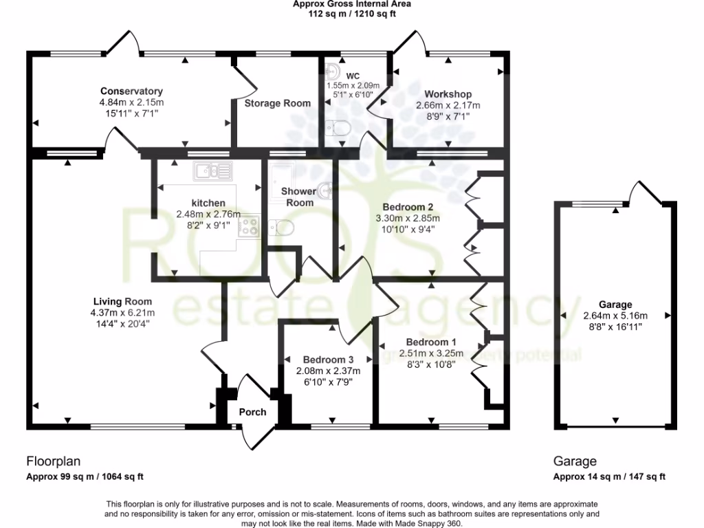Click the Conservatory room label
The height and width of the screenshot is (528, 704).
click(131, 91)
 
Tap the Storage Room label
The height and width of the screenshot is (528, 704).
click(278, 103)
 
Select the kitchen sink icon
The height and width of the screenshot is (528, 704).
click(214, 170)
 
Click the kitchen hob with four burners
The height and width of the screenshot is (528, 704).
click(248, 225)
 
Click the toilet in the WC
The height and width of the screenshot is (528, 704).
click(339, 128)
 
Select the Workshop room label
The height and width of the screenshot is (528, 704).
click(448, 94)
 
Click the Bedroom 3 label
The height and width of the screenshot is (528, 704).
click(328, 360)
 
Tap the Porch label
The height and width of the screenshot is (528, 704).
click(252, 412)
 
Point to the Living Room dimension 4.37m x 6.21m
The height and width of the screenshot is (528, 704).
click(123, 313)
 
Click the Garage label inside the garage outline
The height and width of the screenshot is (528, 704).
click(615, 305)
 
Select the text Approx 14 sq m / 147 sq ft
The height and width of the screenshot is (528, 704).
click(609, 476)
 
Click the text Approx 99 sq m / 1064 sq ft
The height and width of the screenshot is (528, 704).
click(85, 476)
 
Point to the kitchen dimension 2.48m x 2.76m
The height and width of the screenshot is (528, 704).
click(208, 214)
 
